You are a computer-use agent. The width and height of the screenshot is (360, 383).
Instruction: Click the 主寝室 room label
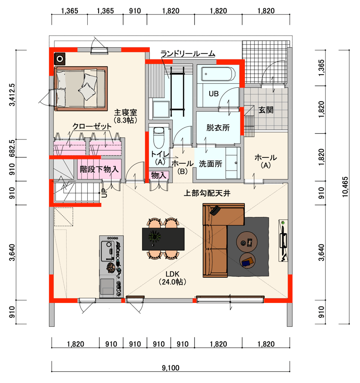click(x=126, y=113)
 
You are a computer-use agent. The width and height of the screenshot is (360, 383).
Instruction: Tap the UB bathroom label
click(x=214, y=94)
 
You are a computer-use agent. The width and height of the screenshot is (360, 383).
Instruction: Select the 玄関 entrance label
click(x=266, y=110)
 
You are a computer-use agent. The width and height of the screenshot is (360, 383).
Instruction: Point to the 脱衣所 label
click(x=218, y=127)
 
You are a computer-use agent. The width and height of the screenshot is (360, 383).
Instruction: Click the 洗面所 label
click(x=211, y=164)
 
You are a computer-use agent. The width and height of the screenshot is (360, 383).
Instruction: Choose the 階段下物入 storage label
click(x=99, y=169)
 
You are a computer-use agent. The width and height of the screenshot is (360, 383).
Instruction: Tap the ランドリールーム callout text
click(x=188, y=54)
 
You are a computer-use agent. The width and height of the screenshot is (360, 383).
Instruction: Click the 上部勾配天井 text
click(x=207, y=193)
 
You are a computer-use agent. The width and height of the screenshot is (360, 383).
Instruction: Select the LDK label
click(x=172, y=274)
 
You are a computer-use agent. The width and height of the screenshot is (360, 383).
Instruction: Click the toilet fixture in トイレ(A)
click(x=159, y=138)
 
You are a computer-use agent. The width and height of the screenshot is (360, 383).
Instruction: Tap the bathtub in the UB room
click(x=218, y=74)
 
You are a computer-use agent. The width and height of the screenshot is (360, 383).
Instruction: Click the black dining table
click(x=163, y=239)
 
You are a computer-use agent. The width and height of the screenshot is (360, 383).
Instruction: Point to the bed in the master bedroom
click(x=81, y=88)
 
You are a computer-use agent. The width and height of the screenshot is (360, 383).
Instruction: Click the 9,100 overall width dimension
click(x=171, y=368)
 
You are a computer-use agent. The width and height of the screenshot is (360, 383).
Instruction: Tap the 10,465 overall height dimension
click(x=345, y=187)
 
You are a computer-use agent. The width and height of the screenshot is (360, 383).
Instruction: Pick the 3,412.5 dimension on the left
click(x=12, y=95)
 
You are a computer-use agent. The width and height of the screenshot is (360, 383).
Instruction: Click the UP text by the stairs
click(x=104, y=193)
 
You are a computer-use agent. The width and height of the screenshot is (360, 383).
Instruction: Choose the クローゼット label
click(x=92, y=126)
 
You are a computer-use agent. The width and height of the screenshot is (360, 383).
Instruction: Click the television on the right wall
click(x=283, y=241)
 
